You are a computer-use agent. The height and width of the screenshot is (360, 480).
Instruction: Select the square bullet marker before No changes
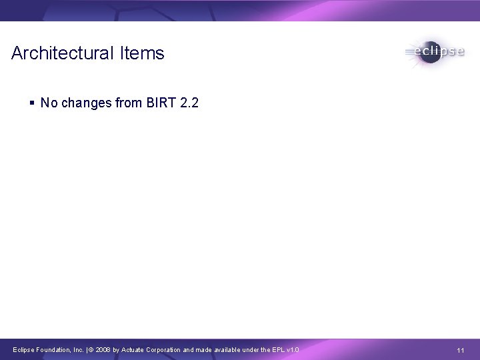33,103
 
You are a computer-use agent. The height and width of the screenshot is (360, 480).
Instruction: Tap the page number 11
460,350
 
